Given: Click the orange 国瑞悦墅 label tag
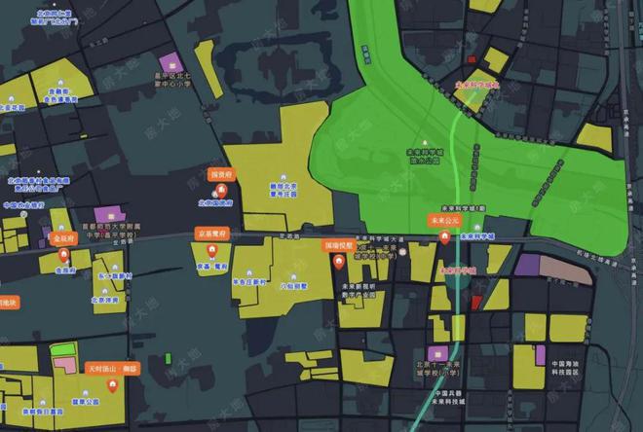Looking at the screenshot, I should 339,246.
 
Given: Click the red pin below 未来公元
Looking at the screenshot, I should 444,236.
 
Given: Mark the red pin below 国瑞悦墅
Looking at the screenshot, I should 339,262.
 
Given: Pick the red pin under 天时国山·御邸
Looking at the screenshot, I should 114,385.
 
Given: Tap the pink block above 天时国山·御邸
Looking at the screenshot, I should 64,364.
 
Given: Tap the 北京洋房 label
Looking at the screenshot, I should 104,300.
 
